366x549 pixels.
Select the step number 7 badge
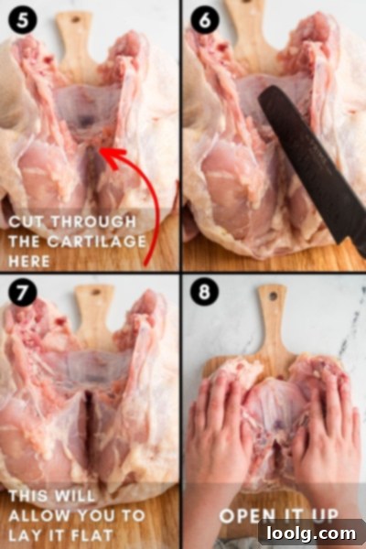pyautogui.click(x=22, y=293)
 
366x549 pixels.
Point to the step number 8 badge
pyautogui.click(x=205, y=293)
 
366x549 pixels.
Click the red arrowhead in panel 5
pyautogui.click(x=112, y=156)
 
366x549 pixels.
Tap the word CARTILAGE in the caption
pyautogui.click(x=97, y=242)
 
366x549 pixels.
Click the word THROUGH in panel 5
pyautogui.click(x=93, y=222)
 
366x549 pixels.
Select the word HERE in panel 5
pyautogui.click(x=29, y=262)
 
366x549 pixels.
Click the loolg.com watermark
pyautogui.click(x=311, y=534)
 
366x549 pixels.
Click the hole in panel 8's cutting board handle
pyautogui.click(x=273, y=296)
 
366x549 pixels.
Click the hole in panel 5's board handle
pyautogui.click(x=75, y=19)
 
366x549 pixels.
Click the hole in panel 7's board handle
pyautogui.click(x=95, y=293)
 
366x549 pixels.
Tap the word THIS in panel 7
pyautogui.click(x=26, y=496)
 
